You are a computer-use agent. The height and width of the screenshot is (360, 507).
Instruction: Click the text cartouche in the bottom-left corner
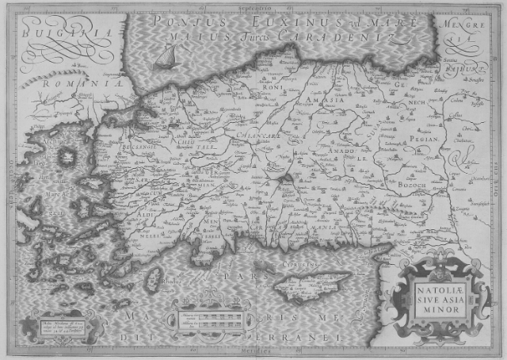click(59, 325)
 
